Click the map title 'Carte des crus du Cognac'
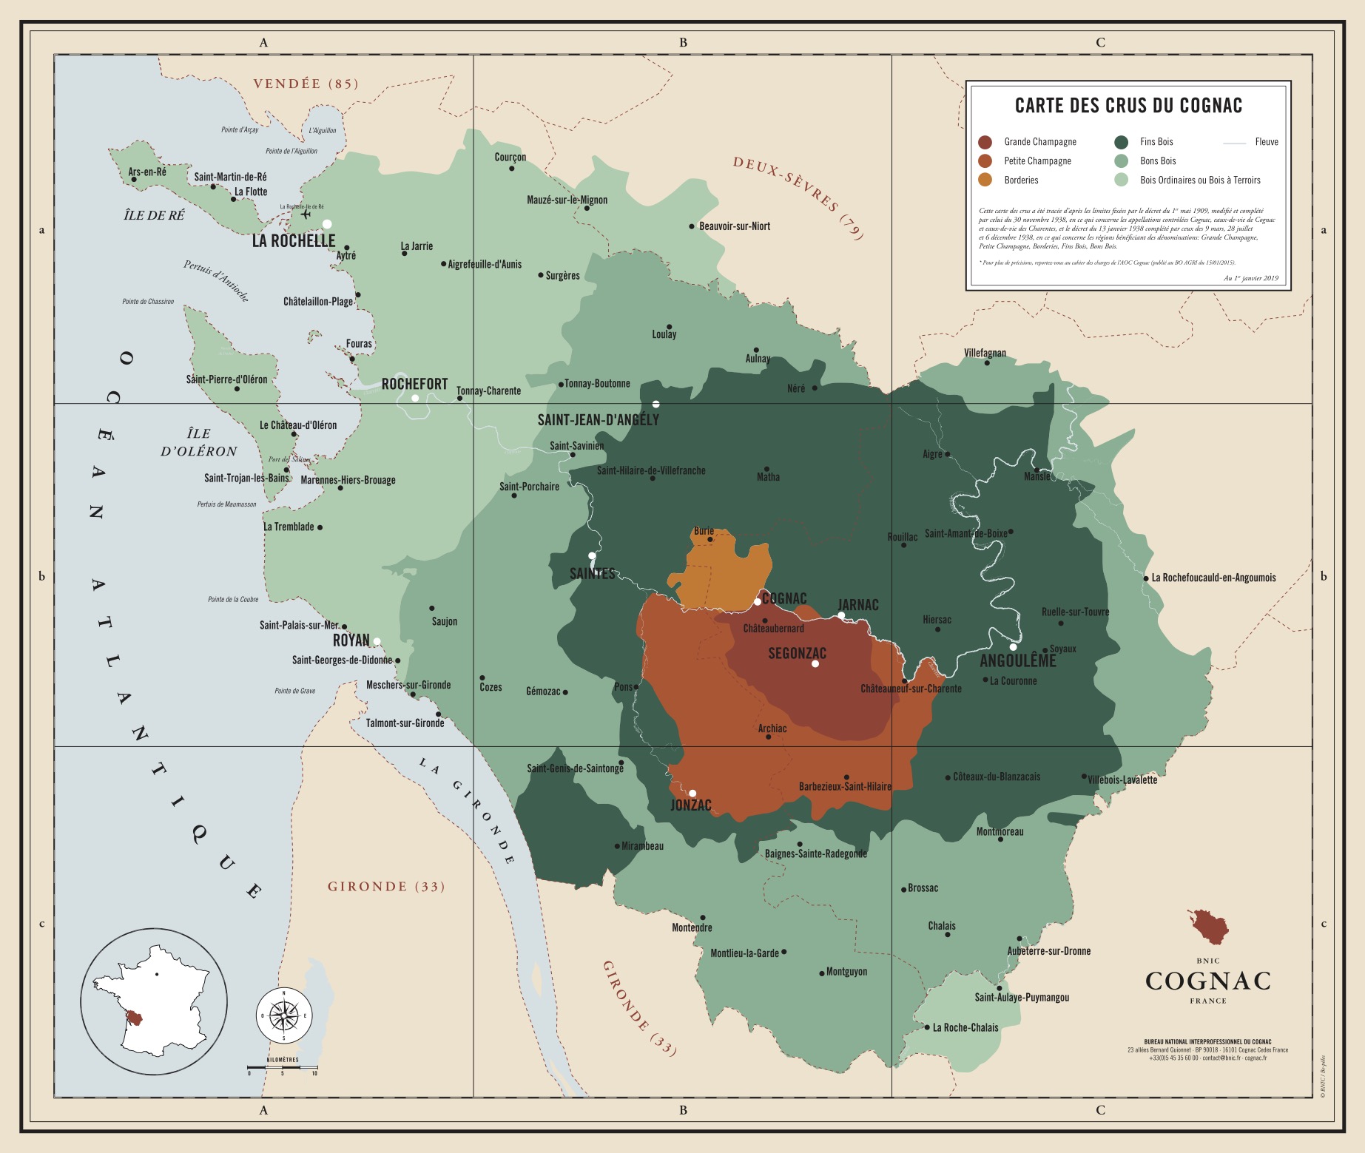point(1128,106)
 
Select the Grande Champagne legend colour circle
point(985,142)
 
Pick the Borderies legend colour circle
point(985,180)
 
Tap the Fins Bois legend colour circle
point(1122,142)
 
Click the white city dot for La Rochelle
point(327,224)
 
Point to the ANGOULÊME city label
point(1018,660)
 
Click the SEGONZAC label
point(797,653)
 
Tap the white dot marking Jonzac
point(692,793)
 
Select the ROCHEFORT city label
point(414,384)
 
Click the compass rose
point(284,1015)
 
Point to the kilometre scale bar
point(283,1068)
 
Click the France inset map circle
point(154,1001)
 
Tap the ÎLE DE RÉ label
point(154,215)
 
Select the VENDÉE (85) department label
point(306,84)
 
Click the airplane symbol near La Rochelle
point(306,214)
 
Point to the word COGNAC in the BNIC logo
point(1207,981)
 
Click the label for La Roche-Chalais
point(965,1027)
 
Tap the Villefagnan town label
point(985,353)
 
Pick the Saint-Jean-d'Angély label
point(598,420)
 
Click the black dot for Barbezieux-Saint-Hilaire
point(846,777)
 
